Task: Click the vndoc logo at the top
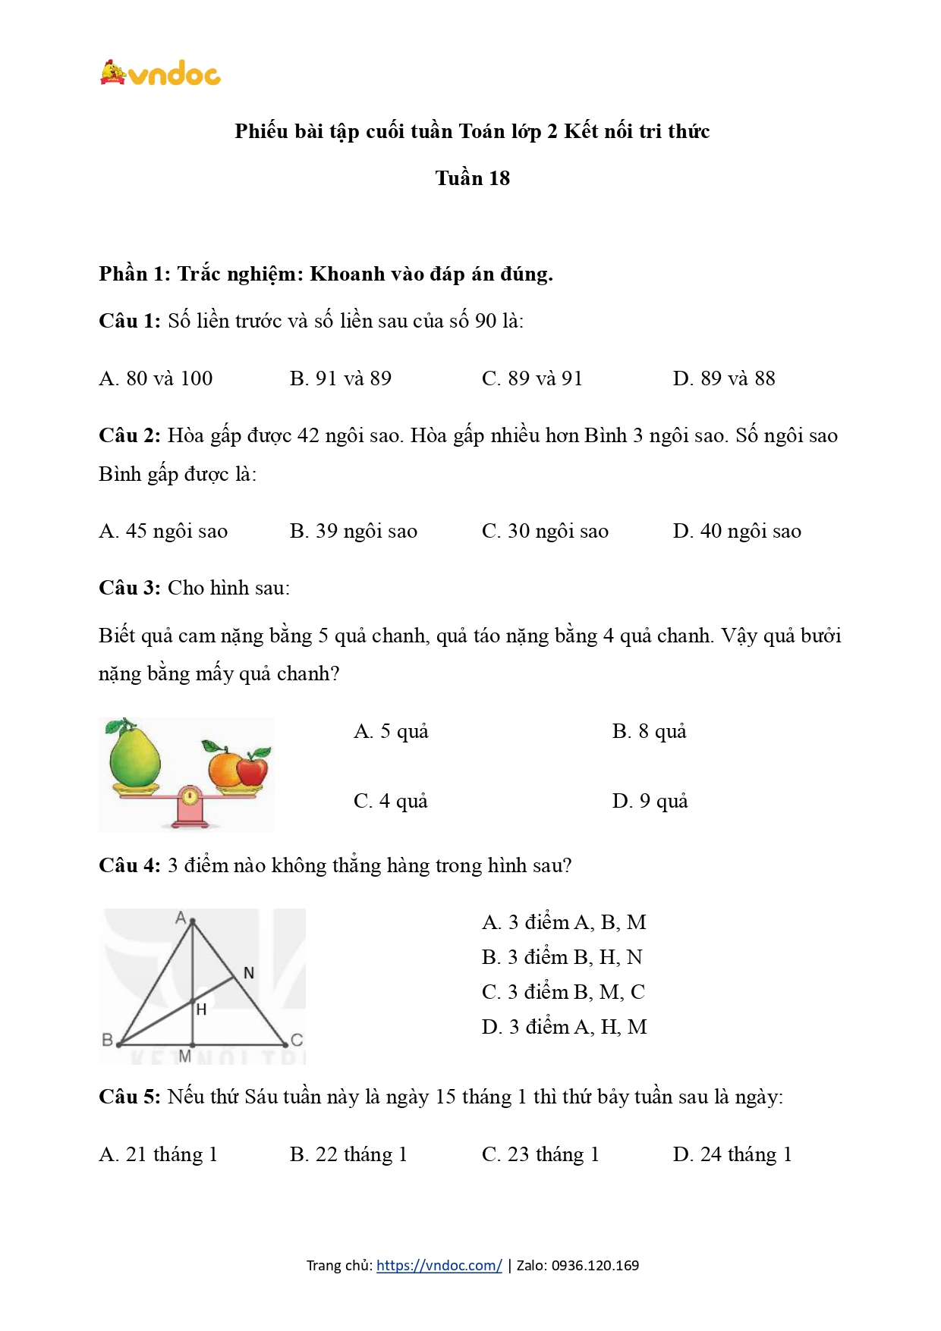click(x=160, y=73)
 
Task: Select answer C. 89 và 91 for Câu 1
click(x=532, y=378)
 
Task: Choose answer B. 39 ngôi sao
click(x=354, y=531)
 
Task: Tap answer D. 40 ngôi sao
click(x=737, y=531)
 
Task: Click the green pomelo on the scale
click(x=135, y=754)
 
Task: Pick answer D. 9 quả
click(x=650, y=801)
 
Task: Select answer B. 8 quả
click(x=649, y=731)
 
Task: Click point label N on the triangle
click(x=248, y=973)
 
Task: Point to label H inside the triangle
click(x=201, y=1010)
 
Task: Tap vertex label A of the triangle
click(x=181, y=918)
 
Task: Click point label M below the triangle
click(x=184, y=1056)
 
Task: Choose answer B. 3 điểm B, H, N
click(x=562, y=957)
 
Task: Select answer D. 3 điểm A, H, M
click(x=564, y=1027)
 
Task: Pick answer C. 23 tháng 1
click(x=540, y=1154)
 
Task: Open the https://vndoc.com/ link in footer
click(x=439, y=1265)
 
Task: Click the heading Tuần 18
click(x=472, y=178)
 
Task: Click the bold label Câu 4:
click(x=129, y=865)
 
